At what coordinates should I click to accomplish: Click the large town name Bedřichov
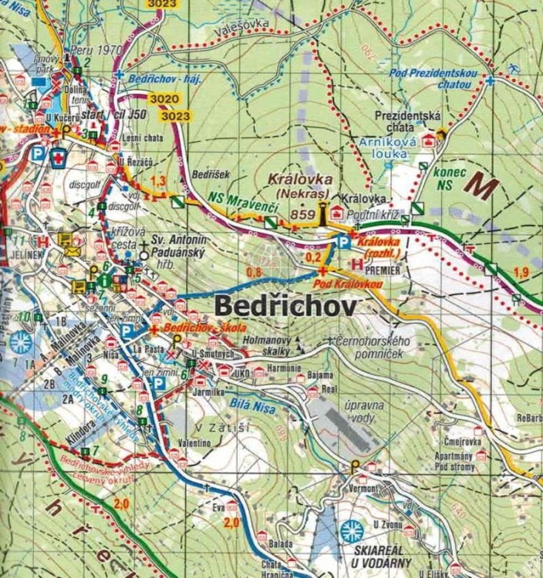click(285, 306)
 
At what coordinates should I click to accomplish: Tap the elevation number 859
click(302, 213)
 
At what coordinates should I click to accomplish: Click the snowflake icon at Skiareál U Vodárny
click(351, 530)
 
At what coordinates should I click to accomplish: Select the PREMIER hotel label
click(385, 271)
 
